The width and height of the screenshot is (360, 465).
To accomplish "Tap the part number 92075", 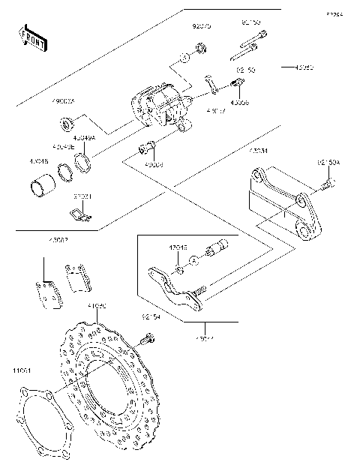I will pos(202,25).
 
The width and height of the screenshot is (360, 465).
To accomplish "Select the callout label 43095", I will pos(292,67).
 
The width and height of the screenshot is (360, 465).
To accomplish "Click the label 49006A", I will pos(63,101).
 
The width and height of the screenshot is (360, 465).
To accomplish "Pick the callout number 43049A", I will pos(84,138).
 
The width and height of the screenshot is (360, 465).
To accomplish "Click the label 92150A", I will pos(328,162).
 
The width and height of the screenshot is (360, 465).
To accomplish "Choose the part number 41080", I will pos(97,306).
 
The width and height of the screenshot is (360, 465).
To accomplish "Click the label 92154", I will pos(153,318).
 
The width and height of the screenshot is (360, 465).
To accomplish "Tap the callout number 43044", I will pos(205,339).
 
